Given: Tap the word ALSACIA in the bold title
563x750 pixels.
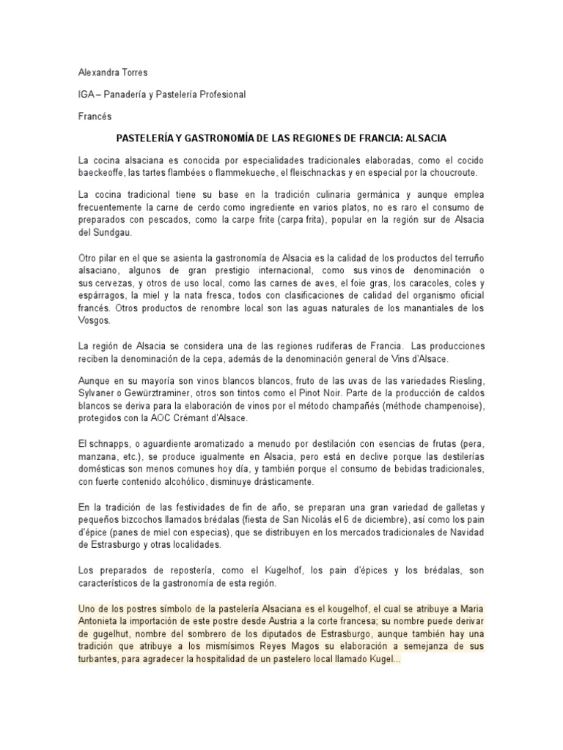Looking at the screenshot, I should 426,138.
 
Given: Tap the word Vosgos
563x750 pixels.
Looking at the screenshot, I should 94,320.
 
